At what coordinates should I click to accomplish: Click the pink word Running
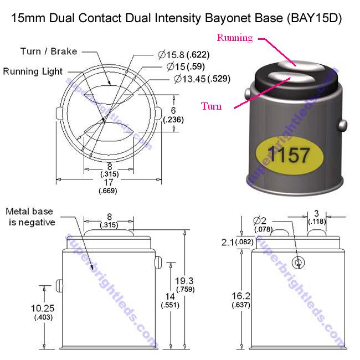coord(234,38)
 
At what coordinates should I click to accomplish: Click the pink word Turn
coord(211,106)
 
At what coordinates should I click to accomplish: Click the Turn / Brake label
coord(48,52)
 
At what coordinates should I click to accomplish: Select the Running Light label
coord(33,71)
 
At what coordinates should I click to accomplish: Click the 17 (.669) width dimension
coord(109,185)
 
